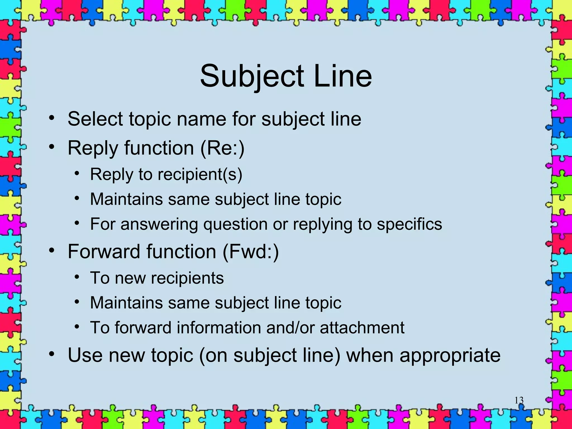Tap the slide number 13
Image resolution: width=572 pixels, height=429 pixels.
[519, 400]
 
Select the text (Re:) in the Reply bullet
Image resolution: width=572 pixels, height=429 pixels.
[222, 148]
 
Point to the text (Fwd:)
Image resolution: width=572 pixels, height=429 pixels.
[251, 252]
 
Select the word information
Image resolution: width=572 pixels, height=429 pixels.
[218, 328]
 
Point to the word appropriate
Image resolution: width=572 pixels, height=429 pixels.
[450, 356]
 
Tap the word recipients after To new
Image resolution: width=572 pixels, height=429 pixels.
[187, 278]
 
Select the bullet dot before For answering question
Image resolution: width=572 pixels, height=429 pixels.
[77, 223]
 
